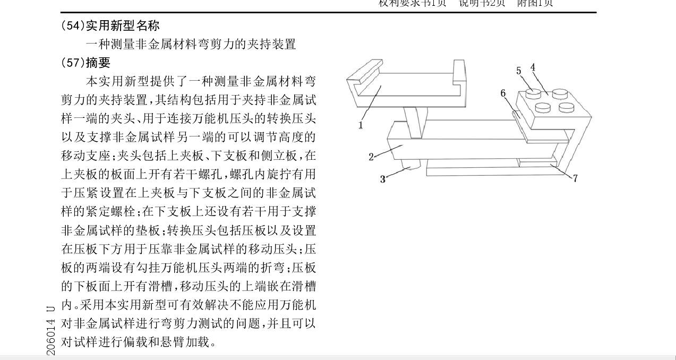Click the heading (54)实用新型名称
[110, 25]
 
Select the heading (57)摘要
[86, 63]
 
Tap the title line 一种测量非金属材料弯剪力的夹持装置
[191, 44]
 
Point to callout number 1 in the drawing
[361, 125]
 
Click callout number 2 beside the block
[371, 157]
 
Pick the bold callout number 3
[383, 179]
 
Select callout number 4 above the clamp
[533, 67]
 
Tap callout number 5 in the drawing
[519, 71]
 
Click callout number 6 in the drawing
[503, 93]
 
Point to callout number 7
[575, 178]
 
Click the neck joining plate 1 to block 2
[416, 121]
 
